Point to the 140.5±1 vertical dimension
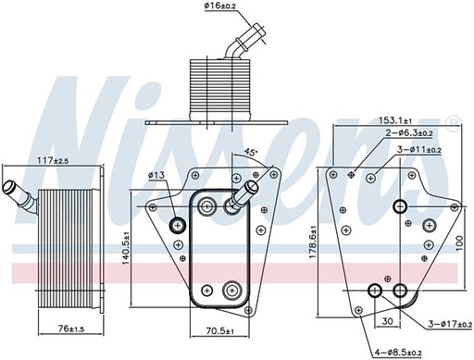[x=126, y=249]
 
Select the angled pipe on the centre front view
[x=244, y=194]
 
